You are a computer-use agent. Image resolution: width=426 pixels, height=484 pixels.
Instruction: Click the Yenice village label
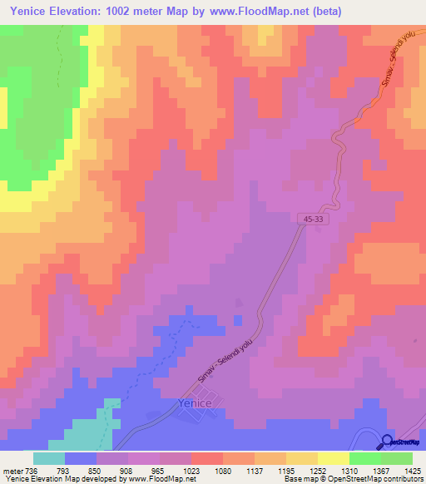click(x=196, y=403)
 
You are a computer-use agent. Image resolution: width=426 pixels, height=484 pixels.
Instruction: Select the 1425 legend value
click(x=412, y=470)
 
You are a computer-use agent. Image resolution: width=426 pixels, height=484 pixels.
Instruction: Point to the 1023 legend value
click(x=191, y=470)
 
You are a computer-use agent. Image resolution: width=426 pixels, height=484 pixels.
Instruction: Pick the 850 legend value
click(x=97, y=470)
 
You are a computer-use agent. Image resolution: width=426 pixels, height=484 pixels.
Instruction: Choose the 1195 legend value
click(x=285, y=470)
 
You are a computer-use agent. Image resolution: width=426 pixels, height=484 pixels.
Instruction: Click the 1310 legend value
click(x=349, y=470)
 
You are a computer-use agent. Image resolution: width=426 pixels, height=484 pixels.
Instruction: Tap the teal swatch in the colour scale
click(x=49, y=458)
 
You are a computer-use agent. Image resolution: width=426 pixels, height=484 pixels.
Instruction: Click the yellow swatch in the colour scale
click(x=333, y=458)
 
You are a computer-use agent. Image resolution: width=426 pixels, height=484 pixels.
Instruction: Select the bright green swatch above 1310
click(x=364, y=458)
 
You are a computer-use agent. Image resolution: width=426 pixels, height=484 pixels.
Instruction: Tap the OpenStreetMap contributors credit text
click(x=378, y=479)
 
